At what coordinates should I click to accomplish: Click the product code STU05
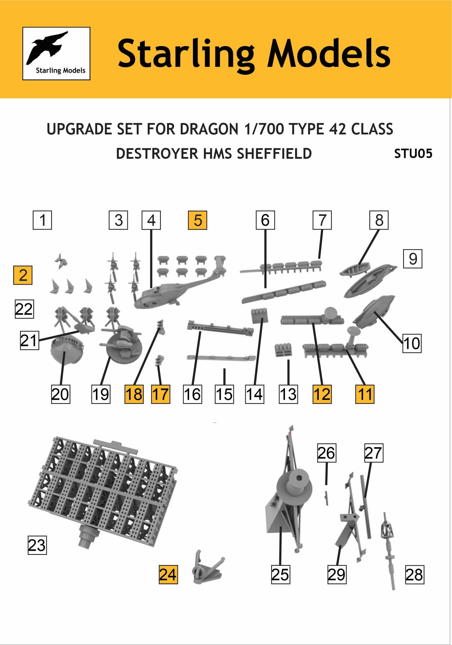413,154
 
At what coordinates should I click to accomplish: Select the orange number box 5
197,220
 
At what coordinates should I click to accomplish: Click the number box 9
413,258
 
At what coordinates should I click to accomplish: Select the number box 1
42,220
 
